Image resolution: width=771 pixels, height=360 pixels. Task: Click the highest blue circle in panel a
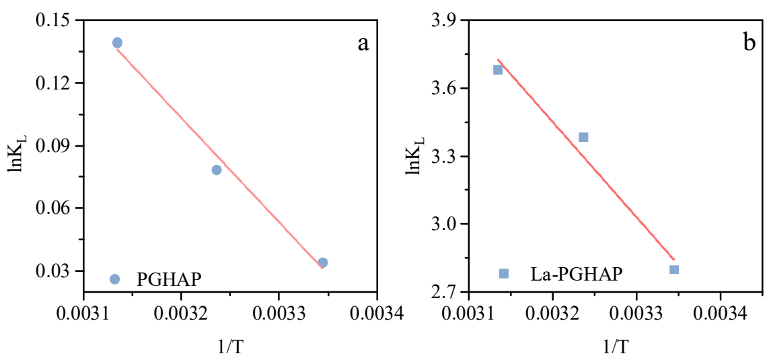coord(117,43)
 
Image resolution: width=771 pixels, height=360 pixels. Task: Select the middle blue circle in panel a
coord(217,170)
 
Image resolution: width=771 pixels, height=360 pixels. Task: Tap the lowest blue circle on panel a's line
coord(323,262)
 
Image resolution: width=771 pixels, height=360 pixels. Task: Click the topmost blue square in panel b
coord(498,69)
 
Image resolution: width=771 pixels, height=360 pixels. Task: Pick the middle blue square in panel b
coord(583,137)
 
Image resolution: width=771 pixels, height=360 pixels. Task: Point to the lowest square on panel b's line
coord(674,269)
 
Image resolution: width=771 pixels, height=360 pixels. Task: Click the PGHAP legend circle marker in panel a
coord(114,279)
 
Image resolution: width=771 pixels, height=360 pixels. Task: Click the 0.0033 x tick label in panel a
coord(279,315)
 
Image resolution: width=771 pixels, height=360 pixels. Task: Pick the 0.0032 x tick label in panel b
coord(552,315)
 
